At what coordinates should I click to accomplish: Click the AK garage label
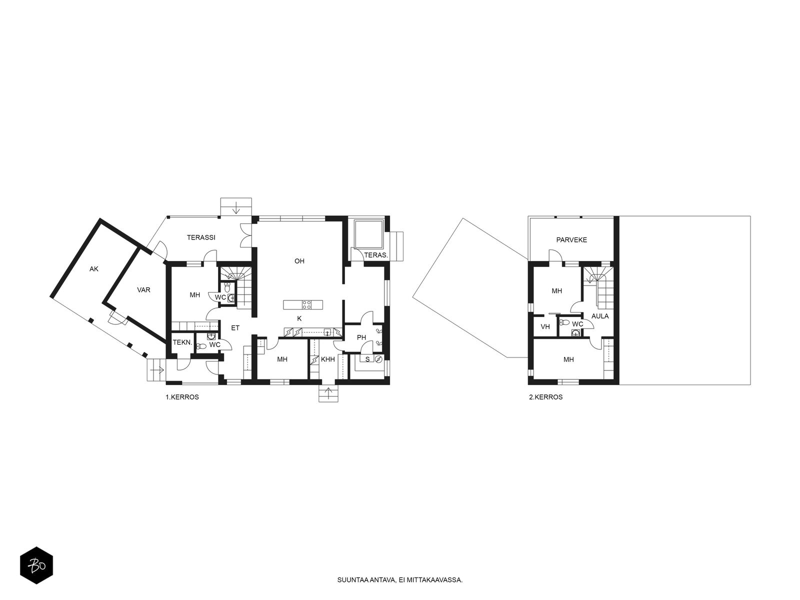point(94,269)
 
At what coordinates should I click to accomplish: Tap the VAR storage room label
point(143,290)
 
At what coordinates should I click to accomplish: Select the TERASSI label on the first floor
point(201,237)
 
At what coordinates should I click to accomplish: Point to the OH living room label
point(299,261)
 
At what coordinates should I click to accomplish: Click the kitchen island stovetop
point(306,304)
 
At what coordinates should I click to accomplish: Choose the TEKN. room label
point(182,342)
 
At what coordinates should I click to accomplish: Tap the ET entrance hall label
point(235,328)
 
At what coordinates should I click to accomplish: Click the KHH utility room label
point(328,359)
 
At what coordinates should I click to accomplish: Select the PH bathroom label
point(361,337)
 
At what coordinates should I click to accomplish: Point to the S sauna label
point(367,359)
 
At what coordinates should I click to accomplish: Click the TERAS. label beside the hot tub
point(376,255)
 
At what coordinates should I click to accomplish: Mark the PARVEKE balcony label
point(571,240)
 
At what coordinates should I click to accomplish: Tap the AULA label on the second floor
point(600,316)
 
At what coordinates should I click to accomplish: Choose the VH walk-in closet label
point(545,327)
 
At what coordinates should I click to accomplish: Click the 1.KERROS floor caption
point(182,397)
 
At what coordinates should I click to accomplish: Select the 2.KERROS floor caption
point(545,397)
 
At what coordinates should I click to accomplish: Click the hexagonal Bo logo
point(36,565)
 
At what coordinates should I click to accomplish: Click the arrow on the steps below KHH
point(328,393)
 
